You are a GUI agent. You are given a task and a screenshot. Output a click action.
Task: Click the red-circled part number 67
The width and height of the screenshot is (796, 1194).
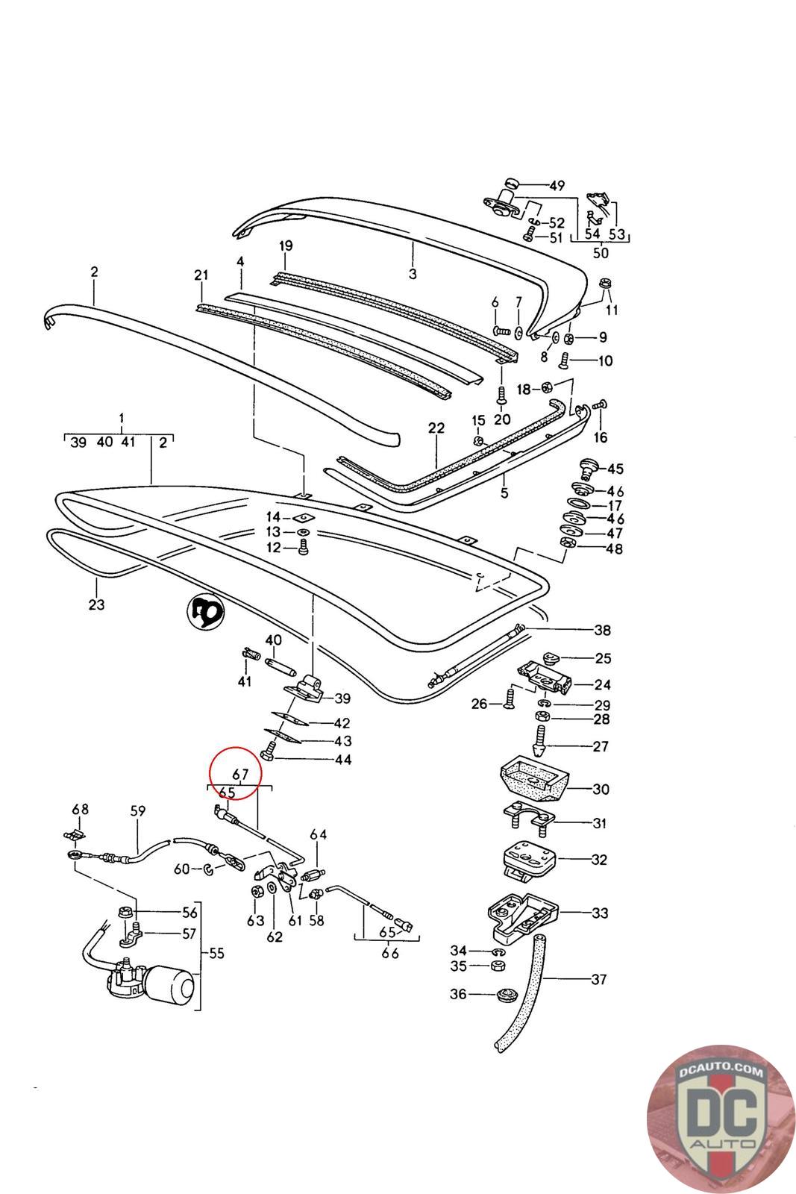(240, 775)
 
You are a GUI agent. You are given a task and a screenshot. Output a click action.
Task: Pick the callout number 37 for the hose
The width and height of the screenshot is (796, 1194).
(598, 979)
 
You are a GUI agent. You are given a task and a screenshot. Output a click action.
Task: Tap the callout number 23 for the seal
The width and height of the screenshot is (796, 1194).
(96, 604)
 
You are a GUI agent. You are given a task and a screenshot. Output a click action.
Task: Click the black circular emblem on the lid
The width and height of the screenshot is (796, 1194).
(204, 613)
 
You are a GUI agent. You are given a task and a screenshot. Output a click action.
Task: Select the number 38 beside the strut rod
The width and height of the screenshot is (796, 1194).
(601, 630)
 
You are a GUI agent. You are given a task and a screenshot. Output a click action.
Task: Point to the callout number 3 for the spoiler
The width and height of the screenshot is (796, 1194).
(413, 273)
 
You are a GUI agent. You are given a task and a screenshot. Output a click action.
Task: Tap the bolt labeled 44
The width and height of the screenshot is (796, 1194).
(269, 756)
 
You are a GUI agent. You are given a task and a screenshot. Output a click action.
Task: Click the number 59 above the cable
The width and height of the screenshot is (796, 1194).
(138, 810)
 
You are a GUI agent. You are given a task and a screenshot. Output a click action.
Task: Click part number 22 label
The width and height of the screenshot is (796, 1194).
(436, 428)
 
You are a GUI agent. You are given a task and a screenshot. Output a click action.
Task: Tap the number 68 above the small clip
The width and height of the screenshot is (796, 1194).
(80, 809)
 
